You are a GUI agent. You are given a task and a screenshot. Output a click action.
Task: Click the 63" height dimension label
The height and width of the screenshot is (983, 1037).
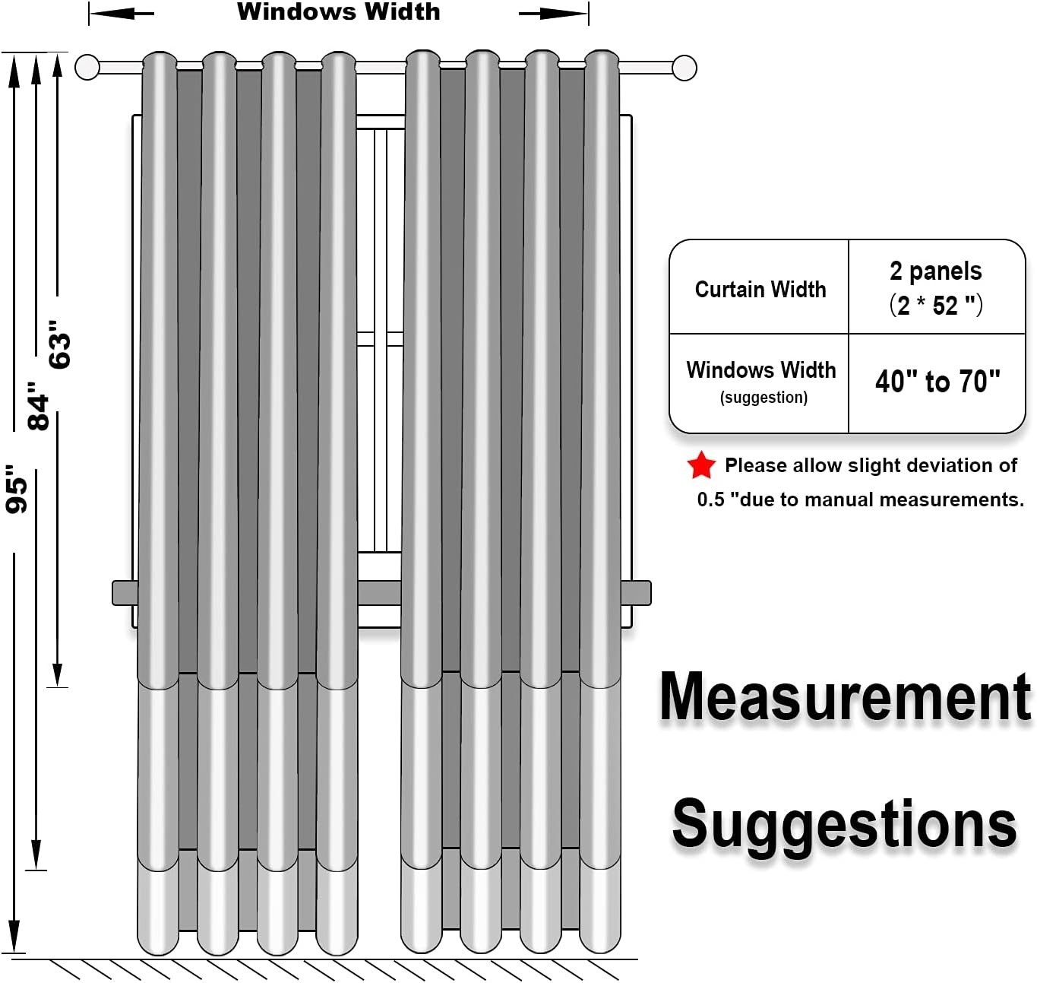click(59, 344)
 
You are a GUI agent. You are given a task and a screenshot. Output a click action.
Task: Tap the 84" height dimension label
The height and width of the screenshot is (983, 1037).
click(38, 406)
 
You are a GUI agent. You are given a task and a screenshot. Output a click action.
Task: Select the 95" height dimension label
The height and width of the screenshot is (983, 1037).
click(16, 489)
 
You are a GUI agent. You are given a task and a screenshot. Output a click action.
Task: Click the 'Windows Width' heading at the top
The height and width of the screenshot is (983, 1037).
click(339, 11)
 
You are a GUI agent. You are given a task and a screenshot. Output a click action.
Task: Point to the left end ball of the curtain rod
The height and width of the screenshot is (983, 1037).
click(87, 67)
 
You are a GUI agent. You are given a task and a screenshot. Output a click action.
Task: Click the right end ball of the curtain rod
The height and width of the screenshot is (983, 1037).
click(684, 68)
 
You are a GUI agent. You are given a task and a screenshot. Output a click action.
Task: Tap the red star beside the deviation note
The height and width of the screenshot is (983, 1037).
click(701, 465)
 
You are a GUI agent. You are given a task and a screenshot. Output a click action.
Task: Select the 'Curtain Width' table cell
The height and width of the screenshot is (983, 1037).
click(760, 290)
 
